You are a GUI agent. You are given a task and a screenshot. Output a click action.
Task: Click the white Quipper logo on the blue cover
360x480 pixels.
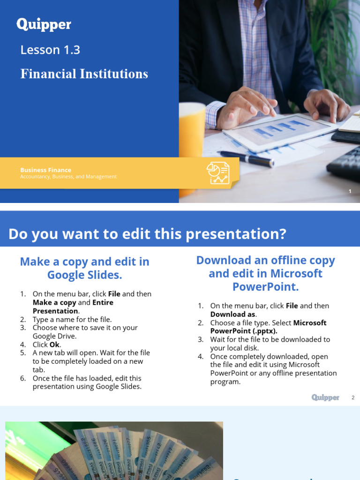point(44,24)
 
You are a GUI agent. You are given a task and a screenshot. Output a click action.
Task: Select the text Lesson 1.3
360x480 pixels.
point(50,50)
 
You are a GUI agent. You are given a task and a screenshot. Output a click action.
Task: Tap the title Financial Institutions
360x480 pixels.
point(84,74)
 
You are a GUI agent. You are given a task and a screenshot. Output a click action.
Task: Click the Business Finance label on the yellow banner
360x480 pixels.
point(45,170)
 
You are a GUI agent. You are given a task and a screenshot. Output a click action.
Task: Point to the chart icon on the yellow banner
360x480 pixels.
point(218,173)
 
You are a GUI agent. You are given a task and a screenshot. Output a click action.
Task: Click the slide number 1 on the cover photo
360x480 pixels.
point(350,191)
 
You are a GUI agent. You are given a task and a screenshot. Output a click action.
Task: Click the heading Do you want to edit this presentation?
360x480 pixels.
point(147,234)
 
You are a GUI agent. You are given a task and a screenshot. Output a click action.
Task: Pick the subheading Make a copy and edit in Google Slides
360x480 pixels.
point(84,268)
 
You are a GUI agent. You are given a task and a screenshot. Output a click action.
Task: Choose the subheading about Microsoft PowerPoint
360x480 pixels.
point(265,273)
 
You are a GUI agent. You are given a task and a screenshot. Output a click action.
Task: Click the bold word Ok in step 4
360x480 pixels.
point(55,345)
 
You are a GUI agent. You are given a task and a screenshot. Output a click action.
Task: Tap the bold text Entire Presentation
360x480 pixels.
point(73,307)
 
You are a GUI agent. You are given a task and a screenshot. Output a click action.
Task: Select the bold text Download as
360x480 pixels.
point(233,314)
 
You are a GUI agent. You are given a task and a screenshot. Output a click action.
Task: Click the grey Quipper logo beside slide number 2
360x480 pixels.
point(325,397)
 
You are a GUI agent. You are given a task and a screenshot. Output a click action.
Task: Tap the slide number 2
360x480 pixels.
point(353,397)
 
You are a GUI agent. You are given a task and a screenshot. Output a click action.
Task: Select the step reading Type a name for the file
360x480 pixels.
point(72,319)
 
